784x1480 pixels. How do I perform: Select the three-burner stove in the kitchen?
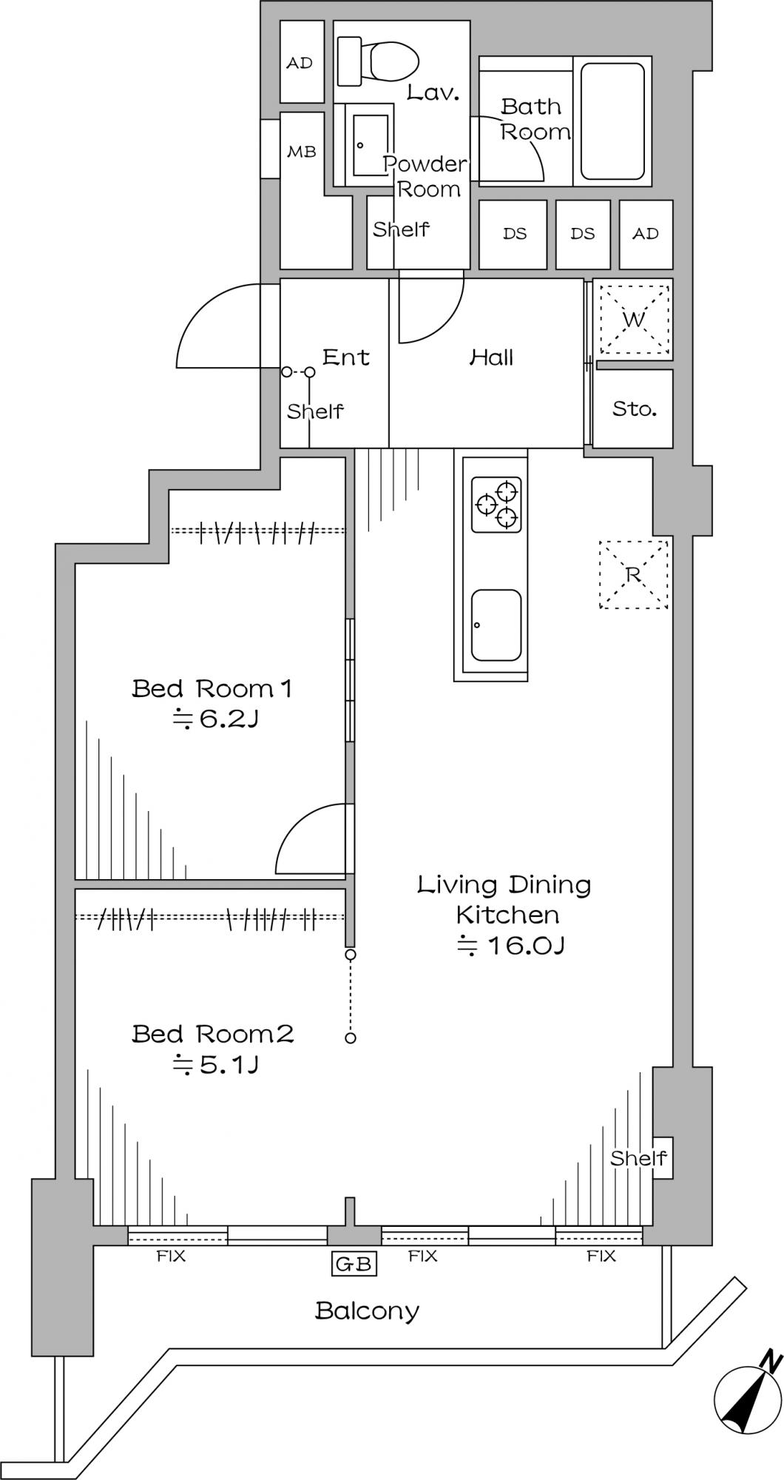[496, 505]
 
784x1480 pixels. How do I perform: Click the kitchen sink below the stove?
[496, 625]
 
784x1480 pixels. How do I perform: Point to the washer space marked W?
[634, 320]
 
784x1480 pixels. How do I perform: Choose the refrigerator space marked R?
[634, 575]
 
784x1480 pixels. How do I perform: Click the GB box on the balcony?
[354, 1264]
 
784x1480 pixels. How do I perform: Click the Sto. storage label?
[635, 408]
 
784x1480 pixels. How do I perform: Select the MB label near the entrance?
[302, 152]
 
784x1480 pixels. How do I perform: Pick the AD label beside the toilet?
[300, 63]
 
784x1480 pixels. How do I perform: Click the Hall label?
[492, 358]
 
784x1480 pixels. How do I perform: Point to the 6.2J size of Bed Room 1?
[214, 718]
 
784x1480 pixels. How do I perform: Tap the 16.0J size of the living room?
[511, 946]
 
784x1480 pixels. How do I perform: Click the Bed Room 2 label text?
[213, 1033]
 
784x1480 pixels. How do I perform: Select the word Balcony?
[368, 1311]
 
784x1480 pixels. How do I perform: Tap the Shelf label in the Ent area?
[316, 411]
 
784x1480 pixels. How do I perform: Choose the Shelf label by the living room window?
[638, 1157]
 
